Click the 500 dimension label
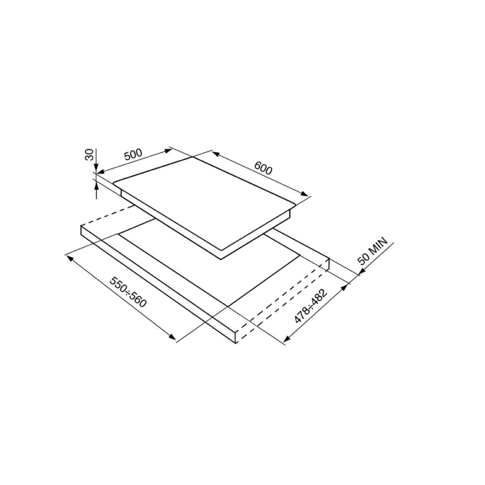pyautogui.click(x=133, y=155)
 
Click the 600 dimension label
pyautogui.click(x=263, y=168)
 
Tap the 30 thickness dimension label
pyautogui.click(x=89, y=155)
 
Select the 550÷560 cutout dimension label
pyautogui.click(x=128, y=292)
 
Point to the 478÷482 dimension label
pyautogui.click(x=310, y=306)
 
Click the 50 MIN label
pyautogui.click(x=372, y=251)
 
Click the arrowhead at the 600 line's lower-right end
pyautogui.click(x=305, y=194)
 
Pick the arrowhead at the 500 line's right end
pyautogui.click(x=168, y=150)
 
